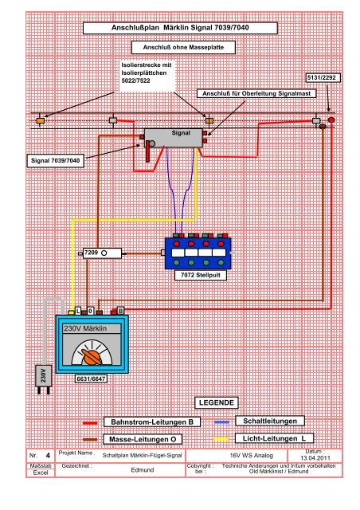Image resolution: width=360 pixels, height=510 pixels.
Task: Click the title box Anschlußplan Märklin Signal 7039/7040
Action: [180, 28]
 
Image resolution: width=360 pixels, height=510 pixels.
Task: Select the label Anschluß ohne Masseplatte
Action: [183, 47]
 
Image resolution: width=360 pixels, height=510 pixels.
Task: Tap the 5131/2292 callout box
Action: [323, 78]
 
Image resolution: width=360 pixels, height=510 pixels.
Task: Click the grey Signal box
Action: [173, 138]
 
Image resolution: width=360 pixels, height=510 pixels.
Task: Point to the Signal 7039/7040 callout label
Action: [55, 160]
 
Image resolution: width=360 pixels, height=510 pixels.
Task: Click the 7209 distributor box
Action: [102, 253]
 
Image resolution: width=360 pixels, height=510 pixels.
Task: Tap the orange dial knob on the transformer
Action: [92, 356]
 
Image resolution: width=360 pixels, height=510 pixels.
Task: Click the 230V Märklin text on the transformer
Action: [85, 328]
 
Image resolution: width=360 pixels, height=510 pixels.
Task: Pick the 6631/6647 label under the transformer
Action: [91, 379]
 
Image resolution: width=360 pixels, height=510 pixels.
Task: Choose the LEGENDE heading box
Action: [217, 402]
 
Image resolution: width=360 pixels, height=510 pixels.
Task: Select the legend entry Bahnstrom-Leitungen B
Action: [152, 422]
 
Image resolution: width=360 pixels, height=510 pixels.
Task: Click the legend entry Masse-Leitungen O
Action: [143, 439]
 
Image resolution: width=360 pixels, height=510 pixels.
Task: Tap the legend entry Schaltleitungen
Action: [270, 421]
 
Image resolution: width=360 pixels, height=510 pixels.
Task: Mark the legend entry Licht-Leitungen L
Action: [274, 438]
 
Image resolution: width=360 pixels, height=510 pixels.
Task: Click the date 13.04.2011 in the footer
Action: [314, 458]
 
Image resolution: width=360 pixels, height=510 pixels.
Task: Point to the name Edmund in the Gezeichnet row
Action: [142, 470]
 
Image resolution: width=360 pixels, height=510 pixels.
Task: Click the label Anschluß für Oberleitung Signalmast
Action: [256, 94]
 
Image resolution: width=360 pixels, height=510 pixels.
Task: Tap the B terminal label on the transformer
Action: [120, 311]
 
